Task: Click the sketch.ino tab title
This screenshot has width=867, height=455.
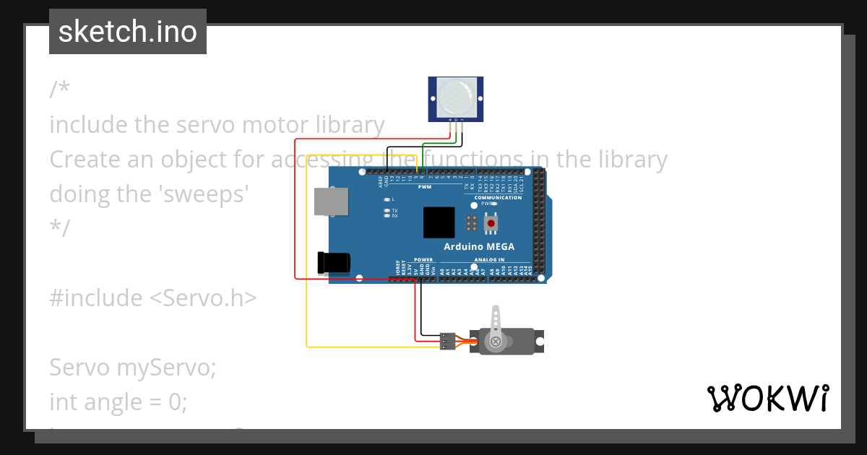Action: coord(128,32)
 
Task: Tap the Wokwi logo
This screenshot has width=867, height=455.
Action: coord(767,398)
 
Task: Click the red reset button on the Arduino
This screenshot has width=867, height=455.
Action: coord(491,224)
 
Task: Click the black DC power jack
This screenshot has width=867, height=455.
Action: coord(335,262)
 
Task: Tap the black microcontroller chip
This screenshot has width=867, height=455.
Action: coord(439,222)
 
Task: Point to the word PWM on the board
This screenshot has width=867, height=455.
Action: coord(424,187)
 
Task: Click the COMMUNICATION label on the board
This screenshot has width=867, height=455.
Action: coord(498,197)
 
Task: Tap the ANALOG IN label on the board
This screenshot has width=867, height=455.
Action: coord(489,259)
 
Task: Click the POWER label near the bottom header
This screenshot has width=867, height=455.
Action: coord(424,259)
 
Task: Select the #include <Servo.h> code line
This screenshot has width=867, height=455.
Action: coord(153,298)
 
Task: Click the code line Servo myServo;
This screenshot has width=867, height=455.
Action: coord(133,368)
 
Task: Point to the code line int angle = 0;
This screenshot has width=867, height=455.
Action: coord(118,401)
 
